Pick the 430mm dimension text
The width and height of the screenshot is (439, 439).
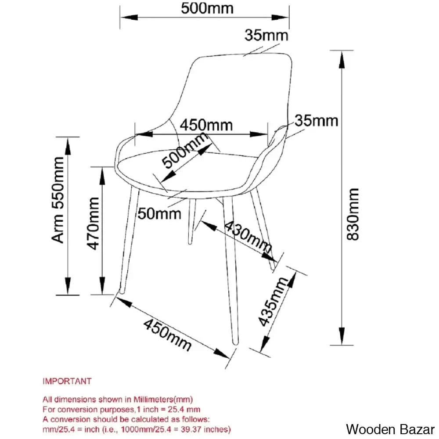(248, 239)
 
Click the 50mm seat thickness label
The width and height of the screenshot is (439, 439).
(159, 214)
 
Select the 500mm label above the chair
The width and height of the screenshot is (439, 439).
(205, 7)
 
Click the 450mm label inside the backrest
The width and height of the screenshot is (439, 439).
(206, 125)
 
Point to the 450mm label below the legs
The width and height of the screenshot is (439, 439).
(168, 335)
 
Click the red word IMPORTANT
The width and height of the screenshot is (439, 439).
(67, 381)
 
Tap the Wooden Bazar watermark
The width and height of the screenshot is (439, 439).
(390, 428)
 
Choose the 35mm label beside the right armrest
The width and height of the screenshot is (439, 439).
(316, 120)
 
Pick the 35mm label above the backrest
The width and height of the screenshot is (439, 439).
(266, 35)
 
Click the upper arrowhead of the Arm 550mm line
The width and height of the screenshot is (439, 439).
(68, 144)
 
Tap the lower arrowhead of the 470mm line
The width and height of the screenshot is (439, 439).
(103, 288)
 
